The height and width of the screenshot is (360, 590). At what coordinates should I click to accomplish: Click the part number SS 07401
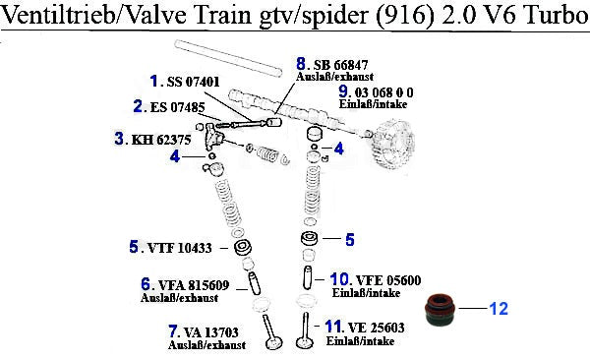193,82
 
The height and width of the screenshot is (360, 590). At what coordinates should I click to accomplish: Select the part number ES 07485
178,107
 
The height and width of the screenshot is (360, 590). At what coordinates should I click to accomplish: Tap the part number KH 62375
161,140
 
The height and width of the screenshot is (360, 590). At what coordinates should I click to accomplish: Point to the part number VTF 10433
180,248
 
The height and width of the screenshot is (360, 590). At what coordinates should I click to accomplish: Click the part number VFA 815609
194,285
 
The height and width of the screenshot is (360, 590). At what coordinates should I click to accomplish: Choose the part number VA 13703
210,332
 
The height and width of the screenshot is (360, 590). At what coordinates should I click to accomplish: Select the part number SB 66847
340,65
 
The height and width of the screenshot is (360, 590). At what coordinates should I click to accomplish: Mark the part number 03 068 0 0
383,92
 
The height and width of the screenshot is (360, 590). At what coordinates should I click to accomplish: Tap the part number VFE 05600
388,280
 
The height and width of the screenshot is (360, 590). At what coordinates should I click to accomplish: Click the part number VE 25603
376,328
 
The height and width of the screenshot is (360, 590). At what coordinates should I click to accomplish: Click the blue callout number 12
499,309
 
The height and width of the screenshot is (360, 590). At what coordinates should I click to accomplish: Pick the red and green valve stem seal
440,309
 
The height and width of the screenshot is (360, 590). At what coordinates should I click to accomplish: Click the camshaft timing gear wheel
393,145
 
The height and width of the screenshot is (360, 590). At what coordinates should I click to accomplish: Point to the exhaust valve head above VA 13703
273,343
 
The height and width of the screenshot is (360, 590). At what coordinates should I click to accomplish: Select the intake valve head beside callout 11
304,342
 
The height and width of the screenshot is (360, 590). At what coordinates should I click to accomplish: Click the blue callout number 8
301,64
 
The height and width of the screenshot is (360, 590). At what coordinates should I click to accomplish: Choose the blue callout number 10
340,279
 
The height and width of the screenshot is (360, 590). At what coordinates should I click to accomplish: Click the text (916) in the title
404,16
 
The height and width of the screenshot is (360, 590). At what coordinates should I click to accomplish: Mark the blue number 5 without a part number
350,239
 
